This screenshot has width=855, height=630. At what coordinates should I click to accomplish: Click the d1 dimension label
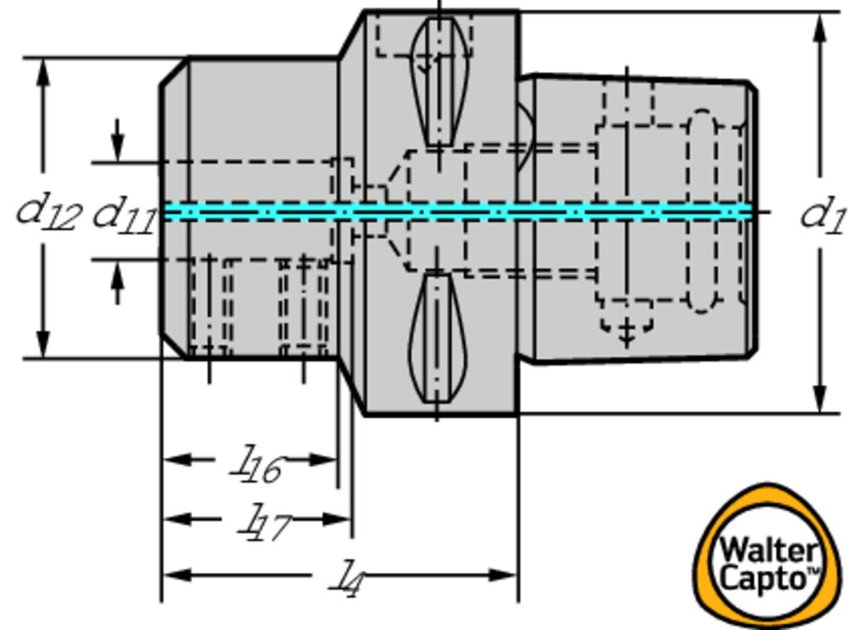823,216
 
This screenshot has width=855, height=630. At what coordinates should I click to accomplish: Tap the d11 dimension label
123,215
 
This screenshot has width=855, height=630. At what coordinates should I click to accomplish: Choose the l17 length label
264,523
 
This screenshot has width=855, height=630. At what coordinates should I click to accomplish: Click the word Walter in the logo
767,551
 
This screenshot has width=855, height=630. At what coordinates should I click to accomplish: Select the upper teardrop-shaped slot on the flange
438,79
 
